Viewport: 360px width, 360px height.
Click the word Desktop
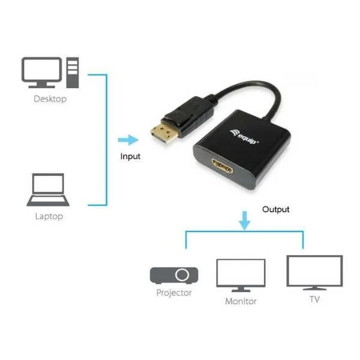point(50,99)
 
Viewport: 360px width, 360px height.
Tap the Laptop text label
point(49,216)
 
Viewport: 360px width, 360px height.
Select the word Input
point(130,157)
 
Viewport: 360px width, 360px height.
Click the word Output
point(276,209)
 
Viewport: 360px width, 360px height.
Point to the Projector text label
point(174,293)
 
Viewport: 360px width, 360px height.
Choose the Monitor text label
point(241,301)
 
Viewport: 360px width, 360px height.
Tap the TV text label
point(314,299)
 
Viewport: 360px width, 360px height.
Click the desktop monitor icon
point(41,73)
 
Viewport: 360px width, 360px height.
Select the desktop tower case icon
point(73,73)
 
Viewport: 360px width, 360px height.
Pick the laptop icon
point(48,190)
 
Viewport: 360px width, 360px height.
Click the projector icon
point(174,275)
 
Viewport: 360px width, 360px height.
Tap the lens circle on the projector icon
point(182,275)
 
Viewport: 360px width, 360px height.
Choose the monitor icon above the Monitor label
point(241,275)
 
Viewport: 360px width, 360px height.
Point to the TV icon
point(314,272)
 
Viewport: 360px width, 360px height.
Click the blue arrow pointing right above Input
point(128,140)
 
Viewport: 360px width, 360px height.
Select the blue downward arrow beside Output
point(245,220)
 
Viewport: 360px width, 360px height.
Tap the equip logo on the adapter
point(244,137)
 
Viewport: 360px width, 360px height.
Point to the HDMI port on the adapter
point(222,166)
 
